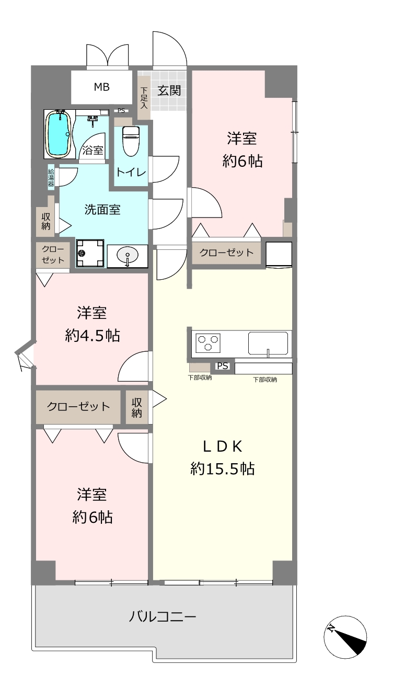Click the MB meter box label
[102, 87]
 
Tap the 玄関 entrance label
[169, 90]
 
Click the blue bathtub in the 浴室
[59, 133]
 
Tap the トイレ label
[131, 172]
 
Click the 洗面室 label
[102, 210]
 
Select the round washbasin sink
[128, 256]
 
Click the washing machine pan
[90, 253]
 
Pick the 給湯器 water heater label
[51, 178]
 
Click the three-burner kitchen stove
[207, 342]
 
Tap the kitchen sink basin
[268, 343]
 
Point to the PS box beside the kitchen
[223, 366]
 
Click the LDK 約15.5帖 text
[223, 457]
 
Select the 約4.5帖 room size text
[93, 336]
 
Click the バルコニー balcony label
[163, 616]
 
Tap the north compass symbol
[345, 637]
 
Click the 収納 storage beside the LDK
[136, 407]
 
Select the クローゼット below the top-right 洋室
[226, 253]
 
